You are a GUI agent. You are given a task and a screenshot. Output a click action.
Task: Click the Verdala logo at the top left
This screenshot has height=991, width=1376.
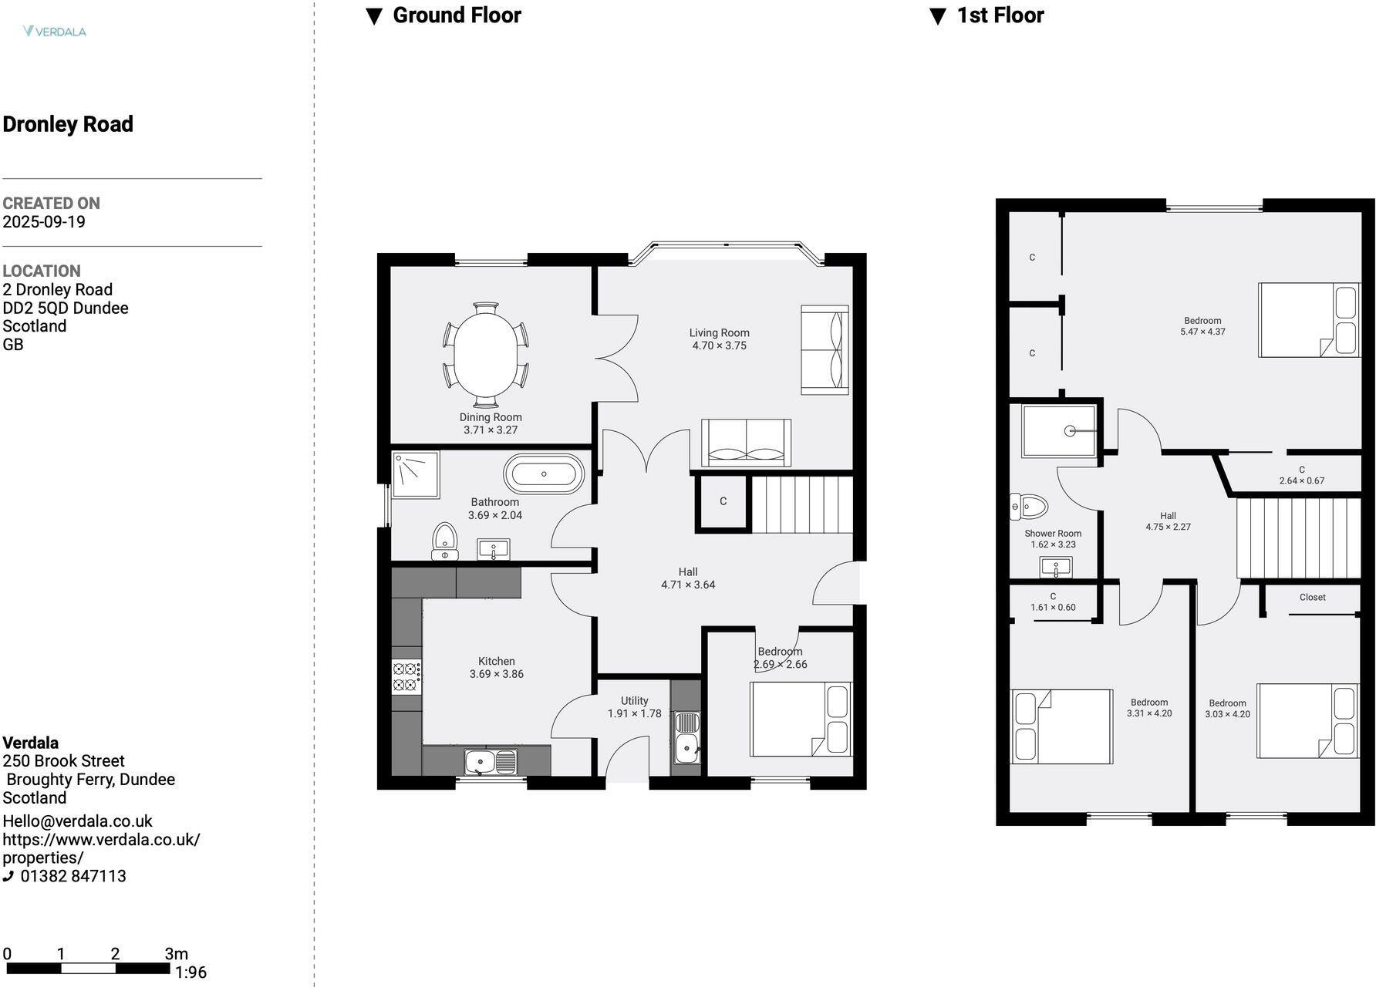click(x=54, y=32)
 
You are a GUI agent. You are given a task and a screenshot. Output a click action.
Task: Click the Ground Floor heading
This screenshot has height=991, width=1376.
click(x=456, y=15)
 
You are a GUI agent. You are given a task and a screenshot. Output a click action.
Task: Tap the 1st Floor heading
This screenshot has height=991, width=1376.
click(x=999, y=15)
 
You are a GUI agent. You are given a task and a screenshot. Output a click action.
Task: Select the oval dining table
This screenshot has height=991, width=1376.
click(x=486, y=355)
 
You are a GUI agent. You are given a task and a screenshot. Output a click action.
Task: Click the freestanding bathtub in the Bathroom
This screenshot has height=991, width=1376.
click(x=544, y=474)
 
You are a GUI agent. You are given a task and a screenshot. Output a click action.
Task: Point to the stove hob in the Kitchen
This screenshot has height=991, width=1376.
click(x=406, y=677)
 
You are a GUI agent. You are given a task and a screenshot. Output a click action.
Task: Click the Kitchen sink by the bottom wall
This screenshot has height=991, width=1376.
click(x=491, y=762)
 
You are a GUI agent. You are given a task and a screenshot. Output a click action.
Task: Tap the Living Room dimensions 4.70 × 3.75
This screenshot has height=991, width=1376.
click(x=719, y=346)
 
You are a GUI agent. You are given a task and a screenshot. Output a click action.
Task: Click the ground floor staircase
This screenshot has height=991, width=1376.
click(x=802, y=504)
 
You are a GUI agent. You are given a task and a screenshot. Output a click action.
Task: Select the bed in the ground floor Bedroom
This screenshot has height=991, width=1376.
click(x=801, y=719)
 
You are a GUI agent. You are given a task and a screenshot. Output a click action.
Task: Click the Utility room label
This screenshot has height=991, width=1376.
click(x=634, y=701)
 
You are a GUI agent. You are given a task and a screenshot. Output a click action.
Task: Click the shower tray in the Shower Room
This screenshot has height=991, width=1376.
click(x=1058, y=431)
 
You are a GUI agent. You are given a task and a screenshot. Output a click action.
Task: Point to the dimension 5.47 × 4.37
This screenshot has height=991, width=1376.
click(x=1202, y=332)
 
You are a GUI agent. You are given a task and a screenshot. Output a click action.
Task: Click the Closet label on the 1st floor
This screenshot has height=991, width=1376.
click(x=1312, y=598)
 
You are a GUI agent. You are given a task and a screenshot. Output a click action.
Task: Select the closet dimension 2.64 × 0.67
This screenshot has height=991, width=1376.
click(x=1301, y=481)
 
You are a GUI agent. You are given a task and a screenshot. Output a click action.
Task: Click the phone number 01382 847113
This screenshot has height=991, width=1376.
click(x=73, y=876)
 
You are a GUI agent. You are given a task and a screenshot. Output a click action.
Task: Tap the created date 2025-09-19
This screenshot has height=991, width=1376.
click(x=44, y=222)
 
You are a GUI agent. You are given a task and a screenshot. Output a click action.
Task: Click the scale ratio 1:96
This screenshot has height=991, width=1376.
click(x=191, y=973)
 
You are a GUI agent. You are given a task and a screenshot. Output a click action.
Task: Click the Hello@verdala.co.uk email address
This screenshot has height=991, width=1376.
click(x=77, y=821)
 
